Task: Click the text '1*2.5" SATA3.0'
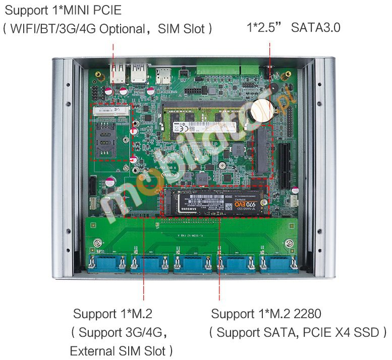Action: [293, 27]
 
